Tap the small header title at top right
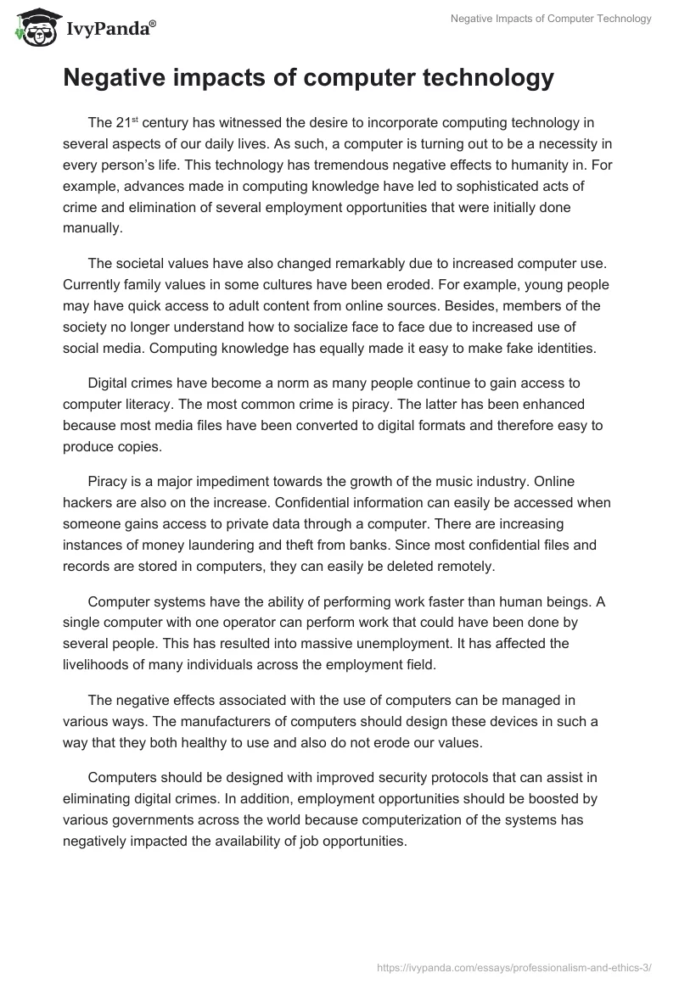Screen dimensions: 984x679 (x=551, y=19)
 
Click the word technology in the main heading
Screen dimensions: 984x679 (x=474, y=79)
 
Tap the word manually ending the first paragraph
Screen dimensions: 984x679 (x=93, y=227)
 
